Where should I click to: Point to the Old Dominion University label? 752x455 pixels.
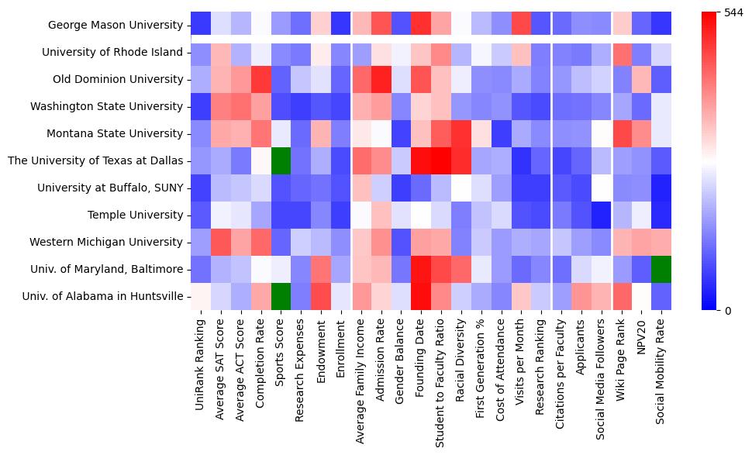118,79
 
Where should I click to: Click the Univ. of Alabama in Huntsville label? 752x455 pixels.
103,296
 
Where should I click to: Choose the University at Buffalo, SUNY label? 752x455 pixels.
114,188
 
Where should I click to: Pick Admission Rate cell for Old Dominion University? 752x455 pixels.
381,79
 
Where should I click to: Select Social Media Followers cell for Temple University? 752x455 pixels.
602,215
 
